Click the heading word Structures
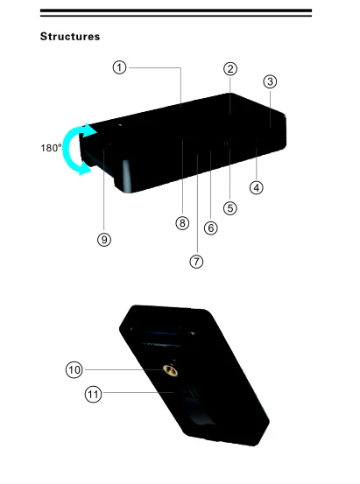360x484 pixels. tap(70, 37)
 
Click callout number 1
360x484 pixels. tap(120, 67)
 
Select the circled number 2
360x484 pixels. tap(230, 69)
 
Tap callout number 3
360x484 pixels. tap(270, 81)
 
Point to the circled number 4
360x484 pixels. tap(256, 187)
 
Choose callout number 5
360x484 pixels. tap(230, 208)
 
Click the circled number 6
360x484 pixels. tap(211, 228)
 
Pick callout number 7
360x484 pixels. tap(196, 262)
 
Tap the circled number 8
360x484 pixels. tap(182, 223)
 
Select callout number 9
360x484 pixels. tap(104, 240)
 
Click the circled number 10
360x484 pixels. tap(74, 370)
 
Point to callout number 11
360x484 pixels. tap(94, 394)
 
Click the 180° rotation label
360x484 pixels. tap(52, 148)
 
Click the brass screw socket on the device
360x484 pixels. tap(170, 370)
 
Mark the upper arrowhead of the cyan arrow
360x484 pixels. tap(89, 130)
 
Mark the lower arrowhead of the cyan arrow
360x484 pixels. tap(85, 170)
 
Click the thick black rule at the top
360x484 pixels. tap(176, 11)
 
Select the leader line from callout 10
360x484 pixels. tap(124, 369)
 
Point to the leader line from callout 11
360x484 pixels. tap(138, 393)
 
